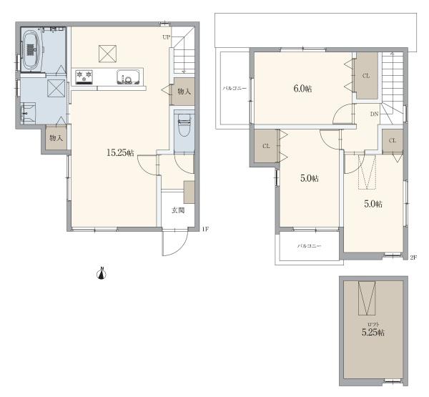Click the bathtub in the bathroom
click(x=31, y=50)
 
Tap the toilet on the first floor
click(x=184, y=125)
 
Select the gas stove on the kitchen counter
click(x=84, y=77)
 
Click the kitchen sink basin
click(x=128, y=77)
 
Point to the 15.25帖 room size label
click(x=120, y=153)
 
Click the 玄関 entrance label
click(x=178, y=210)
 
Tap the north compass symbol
click(x=102, y=273)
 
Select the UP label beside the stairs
click(x=167, y=37)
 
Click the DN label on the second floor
click(x=374, y=114)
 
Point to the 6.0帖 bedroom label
click(x=302, y=89)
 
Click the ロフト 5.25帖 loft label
click(x=373, y=330)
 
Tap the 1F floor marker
click(x=205, y=229)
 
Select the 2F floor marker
click(x=413, y=258)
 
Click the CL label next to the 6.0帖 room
click(x=366, y=76)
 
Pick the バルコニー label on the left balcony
click(x=235, y=89)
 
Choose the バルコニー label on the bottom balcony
click(x=309, y=246)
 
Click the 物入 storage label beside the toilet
click(x=184, y=92)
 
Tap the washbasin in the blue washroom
click(x=28, y=113)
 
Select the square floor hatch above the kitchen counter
click(x=107, y=54)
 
